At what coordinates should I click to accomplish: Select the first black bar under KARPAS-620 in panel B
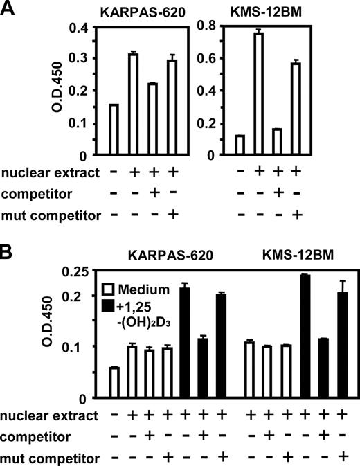[x=185, y=343]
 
